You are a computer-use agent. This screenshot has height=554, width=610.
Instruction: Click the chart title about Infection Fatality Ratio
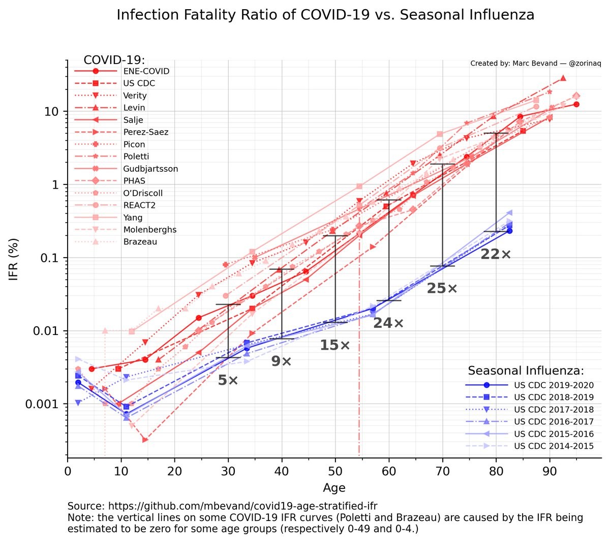click(x=325, y=15)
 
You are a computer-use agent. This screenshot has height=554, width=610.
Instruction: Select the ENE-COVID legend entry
click(x=146, y=71)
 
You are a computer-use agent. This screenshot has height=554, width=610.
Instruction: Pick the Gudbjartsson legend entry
click(x=150, y=169)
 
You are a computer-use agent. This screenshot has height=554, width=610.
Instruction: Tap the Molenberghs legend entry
click(x=149, y=230)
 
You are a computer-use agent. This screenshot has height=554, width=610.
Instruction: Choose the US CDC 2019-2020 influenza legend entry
click(x=554, y=385)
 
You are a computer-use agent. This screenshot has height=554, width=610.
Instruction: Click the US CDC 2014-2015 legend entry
click(x=554, y=446)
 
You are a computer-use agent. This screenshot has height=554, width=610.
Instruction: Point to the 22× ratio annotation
click(x=496, y=254)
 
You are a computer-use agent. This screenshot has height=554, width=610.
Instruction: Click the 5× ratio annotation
click(x=228, y=380)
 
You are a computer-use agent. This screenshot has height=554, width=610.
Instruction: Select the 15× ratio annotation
click(x=334, y=346)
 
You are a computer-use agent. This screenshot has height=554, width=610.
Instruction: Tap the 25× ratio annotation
click(x=442, y=289)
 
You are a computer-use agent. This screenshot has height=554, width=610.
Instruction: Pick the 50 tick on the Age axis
click(x=335, y=471)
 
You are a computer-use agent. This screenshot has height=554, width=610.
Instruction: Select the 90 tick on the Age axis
click(x=550, y=471)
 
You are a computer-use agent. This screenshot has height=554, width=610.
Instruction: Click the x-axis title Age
click(x=334, y=488)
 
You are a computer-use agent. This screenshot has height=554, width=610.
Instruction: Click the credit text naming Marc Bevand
click(x=535, y=64)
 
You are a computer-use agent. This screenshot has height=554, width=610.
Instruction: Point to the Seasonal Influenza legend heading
click(x=526, y=371)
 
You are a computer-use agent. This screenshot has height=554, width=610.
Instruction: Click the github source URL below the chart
click(x=222, y=506)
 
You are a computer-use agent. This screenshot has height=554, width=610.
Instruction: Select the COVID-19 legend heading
click(x=114, y=60)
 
